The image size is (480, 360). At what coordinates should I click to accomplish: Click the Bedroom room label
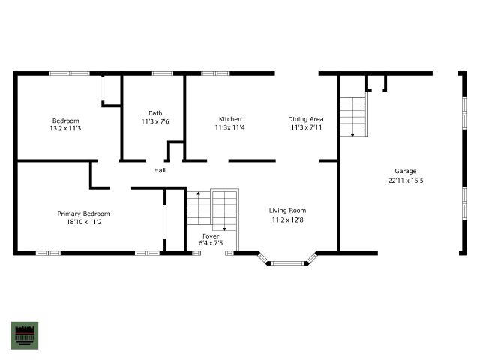tap(65, 121)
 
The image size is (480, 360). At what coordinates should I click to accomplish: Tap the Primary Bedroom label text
tap(83, 214)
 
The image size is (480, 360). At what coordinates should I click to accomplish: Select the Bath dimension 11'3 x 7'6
tap(155, 121)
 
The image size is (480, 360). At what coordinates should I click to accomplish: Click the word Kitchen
tap(230, 119)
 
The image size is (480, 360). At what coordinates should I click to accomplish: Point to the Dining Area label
tap(306, 119)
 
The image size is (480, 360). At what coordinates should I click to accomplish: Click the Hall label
tap(160, 170)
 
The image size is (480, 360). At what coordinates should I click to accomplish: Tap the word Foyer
tap(211, 236)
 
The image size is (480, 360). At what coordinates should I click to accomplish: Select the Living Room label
tap(287, 211)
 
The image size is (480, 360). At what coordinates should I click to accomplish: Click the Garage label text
tap(405, 172)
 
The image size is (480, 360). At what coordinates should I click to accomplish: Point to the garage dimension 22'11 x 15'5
tap(406, 181)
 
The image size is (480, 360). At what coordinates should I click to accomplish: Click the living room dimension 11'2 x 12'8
tap(288, 220)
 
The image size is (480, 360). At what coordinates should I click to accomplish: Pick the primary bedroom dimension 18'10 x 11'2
tap(84, 222)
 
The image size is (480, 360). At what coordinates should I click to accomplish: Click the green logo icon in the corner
tap(25, 335)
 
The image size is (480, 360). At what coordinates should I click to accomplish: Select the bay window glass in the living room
tap(287, 263)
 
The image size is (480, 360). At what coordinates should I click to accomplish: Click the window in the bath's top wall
tap(162, 73)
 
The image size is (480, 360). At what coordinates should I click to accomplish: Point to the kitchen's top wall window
tap(215, 73)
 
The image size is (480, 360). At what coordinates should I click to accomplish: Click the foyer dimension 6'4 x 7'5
tap(211, 243)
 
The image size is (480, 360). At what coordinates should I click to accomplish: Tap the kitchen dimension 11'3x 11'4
tap(230, 127)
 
